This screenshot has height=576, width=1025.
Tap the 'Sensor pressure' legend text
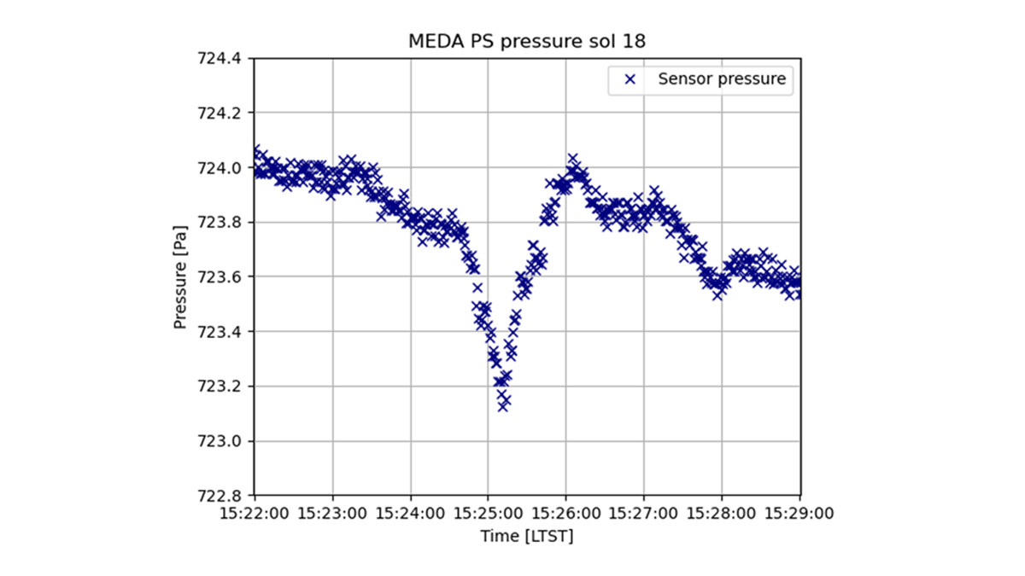722,79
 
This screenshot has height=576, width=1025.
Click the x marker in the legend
630,79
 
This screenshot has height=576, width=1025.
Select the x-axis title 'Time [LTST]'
527,536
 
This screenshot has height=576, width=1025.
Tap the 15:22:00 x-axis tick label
255,514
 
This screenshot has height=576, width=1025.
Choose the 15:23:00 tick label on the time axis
332,514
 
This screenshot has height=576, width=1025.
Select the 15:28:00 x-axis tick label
722,514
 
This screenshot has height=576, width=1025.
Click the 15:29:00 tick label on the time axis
799,514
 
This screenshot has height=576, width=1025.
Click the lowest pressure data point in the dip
503,406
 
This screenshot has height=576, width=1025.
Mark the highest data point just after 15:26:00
573,160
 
